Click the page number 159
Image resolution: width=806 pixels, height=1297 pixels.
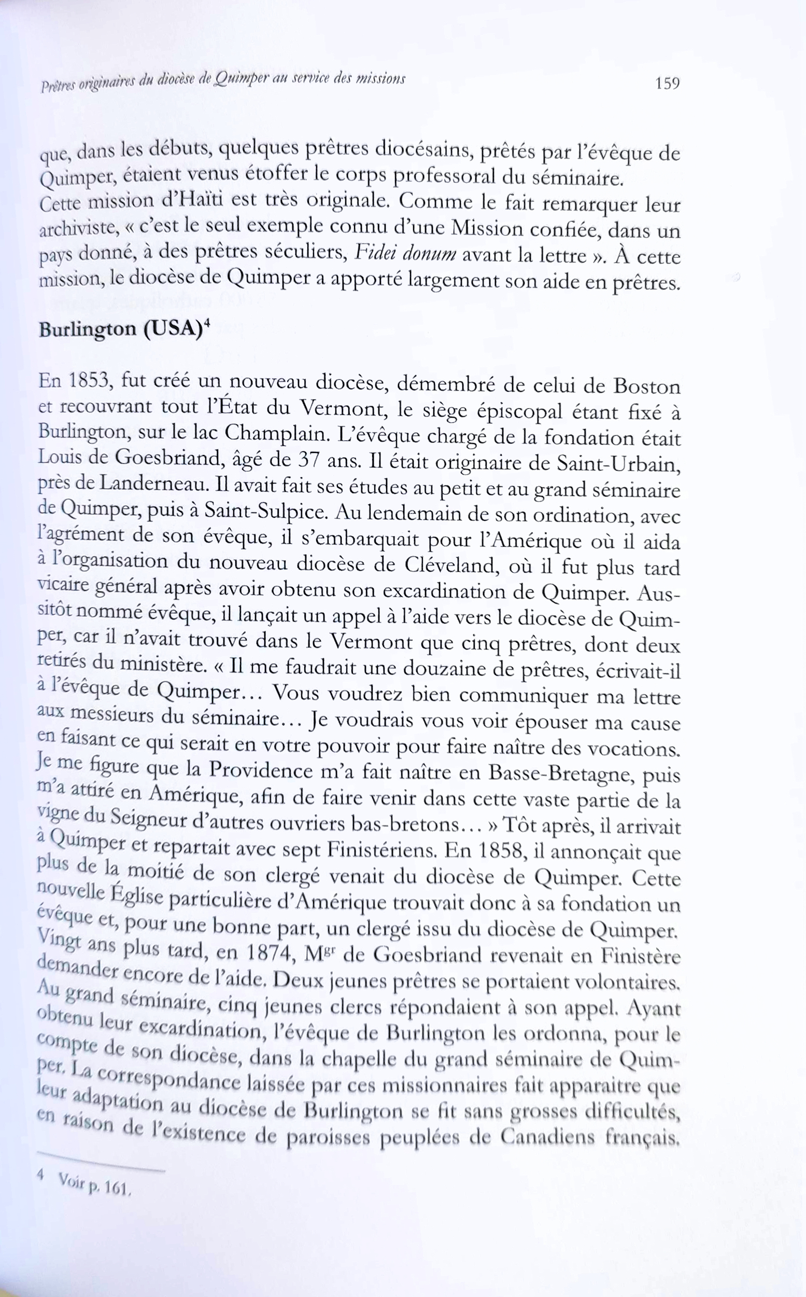click(668, 83)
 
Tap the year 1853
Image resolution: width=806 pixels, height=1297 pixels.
click(89, 382)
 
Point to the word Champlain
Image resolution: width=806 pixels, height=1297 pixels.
click(277, 433)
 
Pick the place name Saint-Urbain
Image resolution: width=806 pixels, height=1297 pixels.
click(618, 462)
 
